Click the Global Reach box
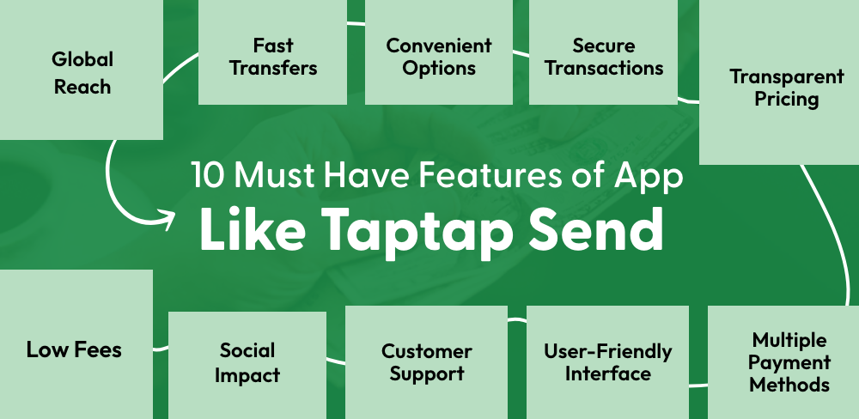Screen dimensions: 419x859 click(x=82, y=72)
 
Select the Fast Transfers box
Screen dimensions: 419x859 click(x=273, y=55)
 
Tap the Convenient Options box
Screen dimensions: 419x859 click(x=439, y=55)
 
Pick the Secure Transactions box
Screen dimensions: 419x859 click(x=604, y=55)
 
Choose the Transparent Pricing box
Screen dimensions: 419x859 click(x=775, y=88)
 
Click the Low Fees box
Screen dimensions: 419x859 click(x=74, y=349)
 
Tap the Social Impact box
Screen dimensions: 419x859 click(x=247, y=362)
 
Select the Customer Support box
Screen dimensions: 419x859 click(x=427, y=362)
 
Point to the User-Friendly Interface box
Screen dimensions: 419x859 click(x=608, y=362)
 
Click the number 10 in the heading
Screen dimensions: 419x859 click(x=210, y=176)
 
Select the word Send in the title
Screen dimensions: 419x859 click(x=600, y=228)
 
